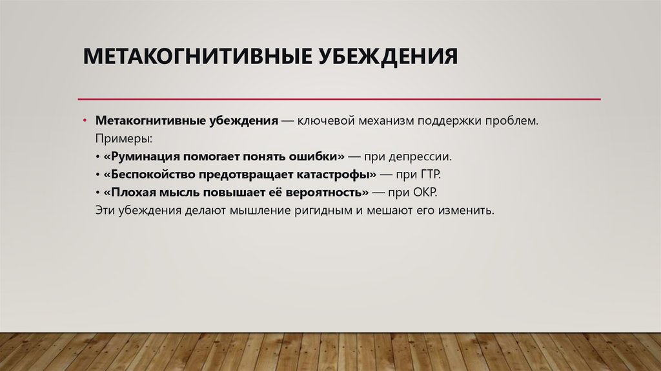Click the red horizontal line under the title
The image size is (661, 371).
click(x=339, y=100)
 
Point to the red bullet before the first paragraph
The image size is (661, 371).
click(x=84, y=122)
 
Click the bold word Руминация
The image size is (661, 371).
click(x=142, y=157)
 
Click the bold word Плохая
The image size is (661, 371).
click(x=131, y=193)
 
